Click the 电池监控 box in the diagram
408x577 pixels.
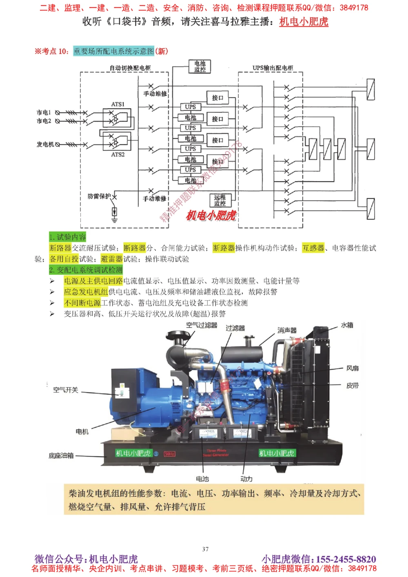coord(200,66)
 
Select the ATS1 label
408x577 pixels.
coord(118,104)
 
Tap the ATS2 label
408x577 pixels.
coord(118,155)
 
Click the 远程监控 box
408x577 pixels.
coord(220,200)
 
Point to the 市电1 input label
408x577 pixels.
coord(44,112)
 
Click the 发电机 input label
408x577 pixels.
coord(45,144)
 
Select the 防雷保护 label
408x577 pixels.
coord(99,196)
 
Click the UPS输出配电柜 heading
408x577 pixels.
coord(273,68)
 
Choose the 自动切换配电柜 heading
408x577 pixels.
coord(130,68)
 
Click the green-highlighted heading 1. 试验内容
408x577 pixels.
coord(67,237)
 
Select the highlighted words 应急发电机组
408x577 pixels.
coord(86,292)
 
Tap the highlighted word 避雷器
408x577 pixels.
coord(111,259)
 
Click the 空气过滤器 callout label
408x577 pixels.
coord(202,325)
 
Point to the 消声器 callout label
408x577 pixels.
coord(287,330)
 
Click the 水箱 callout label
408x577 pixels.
coord(347,325)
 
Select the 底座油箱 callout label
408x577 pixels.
coord(61,455)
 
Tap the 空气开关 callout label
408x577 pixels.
coord(65,390)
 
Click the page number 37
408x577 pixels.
coord(205,549)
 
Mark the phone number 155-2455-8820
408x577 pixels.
coord(346,559)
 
